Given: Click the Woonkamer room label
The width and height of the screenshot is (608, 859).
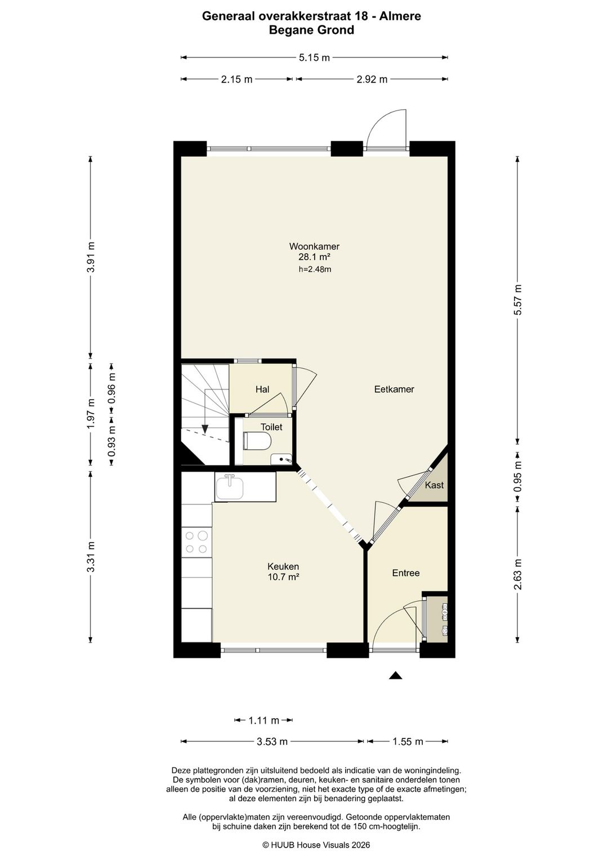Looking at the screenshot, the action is pyautogui.click(x=314, y=246).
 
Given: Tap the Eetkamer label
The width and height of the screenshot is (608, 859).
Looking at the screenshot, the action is pyautogui.click(x=394, y=389).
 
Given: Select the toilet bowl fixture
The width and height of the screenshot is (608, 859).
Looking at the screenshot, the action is pyautogui.click(x=257, y=441).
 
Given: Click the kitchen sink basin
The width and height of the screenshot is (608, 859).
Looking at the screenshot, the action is pyautogui.click(x=229, y=486).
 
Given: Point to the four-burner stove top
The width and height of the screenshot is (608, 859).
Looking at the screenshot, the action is pyautogui.click(x=196, y=542).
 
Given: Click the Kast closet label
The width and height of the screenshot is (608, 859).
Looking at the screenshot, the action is pyautogui.click(x=434, y=485).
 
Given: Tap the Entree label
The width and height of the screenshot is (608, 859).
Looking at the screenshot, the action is pyautogui.click(x=406, y=573).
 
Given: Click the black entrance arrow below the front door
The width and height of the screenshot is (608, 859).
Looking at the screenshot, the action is pyautogui.click(x=396, y=675).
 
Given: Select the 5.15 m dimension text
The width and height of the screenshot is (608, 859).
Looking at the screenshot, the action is pyautogui.click(x=314, y=58).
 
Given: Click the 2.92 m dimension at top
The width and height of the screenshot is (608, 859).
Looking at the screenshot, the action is pyautogui.click(x=372, y=79).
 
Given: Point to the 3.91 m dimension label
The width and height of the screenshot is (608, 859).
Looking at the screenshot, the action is pyautogui.click(x=91, y=257).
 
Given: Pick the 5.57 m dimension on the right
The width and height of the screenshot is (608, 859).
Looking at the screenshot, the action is pyautogui.click(x=518, y=299).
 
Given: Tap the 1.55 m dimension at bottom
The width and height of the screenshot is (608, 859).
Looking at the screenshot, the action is pyautogui.click(x=408, y=742).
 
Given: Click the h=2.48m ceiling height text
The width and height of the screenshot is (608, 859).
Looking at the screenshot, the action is pyautogui.click(x=315, y=270).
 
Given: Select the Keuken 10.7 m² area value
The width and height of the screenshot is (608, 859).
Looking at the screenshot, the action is pyautogui.click(x=284, y=577).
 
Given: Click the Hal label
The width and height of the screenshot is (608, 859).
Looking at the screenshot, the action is pyautogui.click(x=262, y=390).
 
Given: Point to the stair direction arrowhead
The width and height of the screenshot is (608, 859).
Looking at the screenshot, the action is pyautogui.click(x=205, y=429).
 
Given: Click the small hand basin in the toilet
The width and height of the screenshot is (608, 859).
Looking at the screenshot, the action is pyautogui.click(x=281, y=459).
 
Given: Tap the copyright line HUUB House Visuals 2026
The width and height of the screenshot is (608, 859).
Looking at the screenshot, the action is pyautogui.click(x=316, y=845).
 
